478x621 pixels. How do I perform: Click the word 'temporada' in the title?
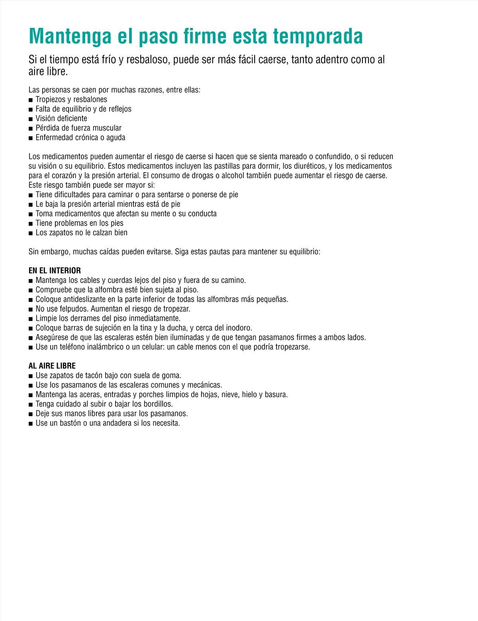[317, 36]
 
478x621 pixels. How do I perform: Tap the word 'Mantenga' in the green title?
[70, 36]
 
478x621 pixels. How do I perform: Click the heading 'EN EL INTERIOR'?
[55, 271]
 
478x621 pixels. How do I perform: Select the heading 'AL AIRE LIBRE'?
[52, 366]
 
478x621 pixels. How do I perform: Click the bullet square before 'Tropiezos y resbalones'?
[31, 100]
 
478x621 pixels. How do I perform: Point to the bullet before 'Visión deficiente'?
[31, 119]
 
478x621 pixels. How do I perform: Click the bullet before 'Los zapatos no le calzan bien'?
[31, 233]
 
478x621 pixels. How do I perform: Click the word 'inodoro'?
[238, 328]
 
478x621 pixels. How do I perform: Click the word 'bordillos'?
[157, 404]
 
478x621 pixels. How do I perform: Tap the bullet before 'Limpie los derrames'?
[31, 319]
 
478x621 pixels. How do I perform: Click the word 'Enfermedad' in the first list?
[55, 138]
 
